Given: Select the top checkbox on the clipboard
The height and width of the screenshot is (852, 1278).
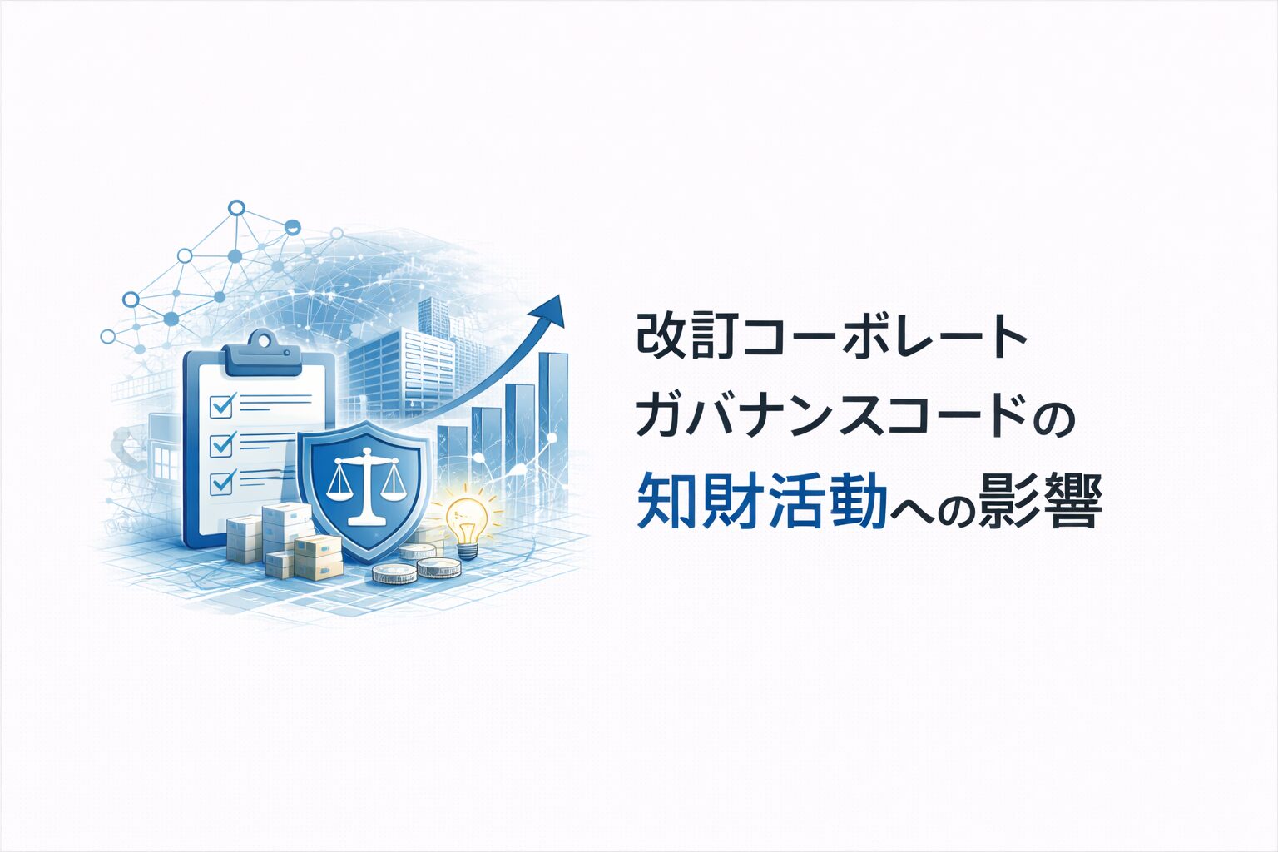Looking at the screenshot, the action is (x=220, y=406).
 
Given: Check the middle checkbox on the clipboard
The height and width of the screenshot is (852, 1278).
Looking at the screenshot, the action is (x=220, y=445).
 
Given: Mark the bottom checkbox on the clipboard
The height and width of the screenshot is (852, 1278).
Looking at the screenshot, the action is (x=220, y=483).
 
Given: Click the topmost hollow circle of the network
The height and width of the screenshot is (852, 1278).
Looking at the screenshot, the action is (x=236, y=208).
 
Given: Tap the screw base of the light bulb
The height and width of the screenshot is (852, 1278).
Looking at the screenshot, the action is (x=468, y=551).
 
